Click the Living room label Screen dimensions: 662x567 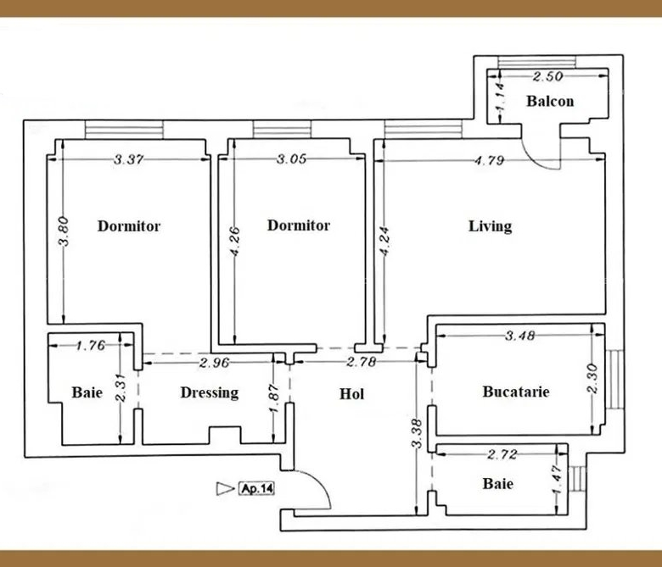[x=491, y=226]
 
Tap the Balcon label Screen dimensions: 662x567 [x=550, y=101]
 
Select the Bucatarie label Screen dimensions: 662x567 [x=516, y=392]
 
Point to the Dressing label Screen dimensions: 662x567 [x=210, y=393]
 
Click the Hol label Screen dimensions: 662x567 [x=351, y=394]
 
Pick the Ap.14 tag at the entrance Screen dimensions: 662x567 [x=256, y=488]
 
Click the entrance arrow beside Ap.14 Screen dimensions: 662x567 [x=225, y=488]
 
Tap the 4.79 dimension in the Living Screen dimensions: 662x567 [x=490, y=160]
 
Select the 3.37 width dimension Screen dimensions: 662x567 [x=129, y=160]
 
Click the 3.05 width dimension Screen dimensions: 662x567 [x=291, y=159]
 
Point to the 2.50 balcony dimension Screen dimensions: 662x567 [x=547, y=76]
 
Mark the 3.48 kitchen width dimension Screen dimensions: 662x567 [x=520, y=336]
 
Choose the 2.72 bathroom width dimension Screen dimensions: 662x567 [x=502, y=454]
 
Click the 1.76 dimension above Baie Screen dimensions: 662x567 [x=90, y=346]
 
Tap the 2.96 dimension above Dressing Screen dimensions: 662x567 [x=215, y=363]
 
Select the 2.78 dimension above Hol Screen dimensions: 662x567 [x=361, y=362]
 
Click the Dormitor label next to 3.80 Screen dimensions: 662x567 [x=129, y=226]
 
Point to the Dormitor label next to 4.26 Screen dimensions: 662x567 [x=299, y=225]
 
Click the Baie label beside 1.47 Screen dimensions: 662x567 [x=497, y=484]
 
